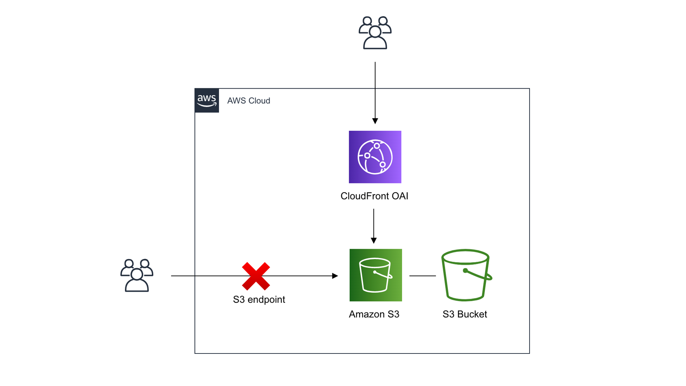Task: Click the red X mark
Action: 256,276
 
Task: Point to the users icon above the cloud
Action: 375,33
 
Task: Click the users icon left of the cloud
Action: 136,275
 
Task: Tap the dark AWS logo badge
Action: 207,100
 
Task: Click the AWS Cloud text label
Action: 249,101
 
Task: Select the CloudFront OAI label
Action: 374,196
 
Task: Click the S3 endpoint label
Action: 259,300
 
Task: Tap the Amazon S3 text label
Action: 374,314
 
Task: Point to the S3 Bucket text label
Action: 464,314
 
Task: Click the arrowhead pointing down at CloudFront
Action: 375,121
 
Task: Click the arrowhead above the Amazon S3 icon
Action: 374,241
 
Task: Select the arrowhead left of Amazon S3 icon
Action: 335,276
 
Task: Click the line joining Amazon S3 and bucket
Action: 422,276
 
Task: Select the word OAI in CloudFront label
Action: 400,196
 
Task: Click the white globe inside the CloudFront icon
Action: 375,157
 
